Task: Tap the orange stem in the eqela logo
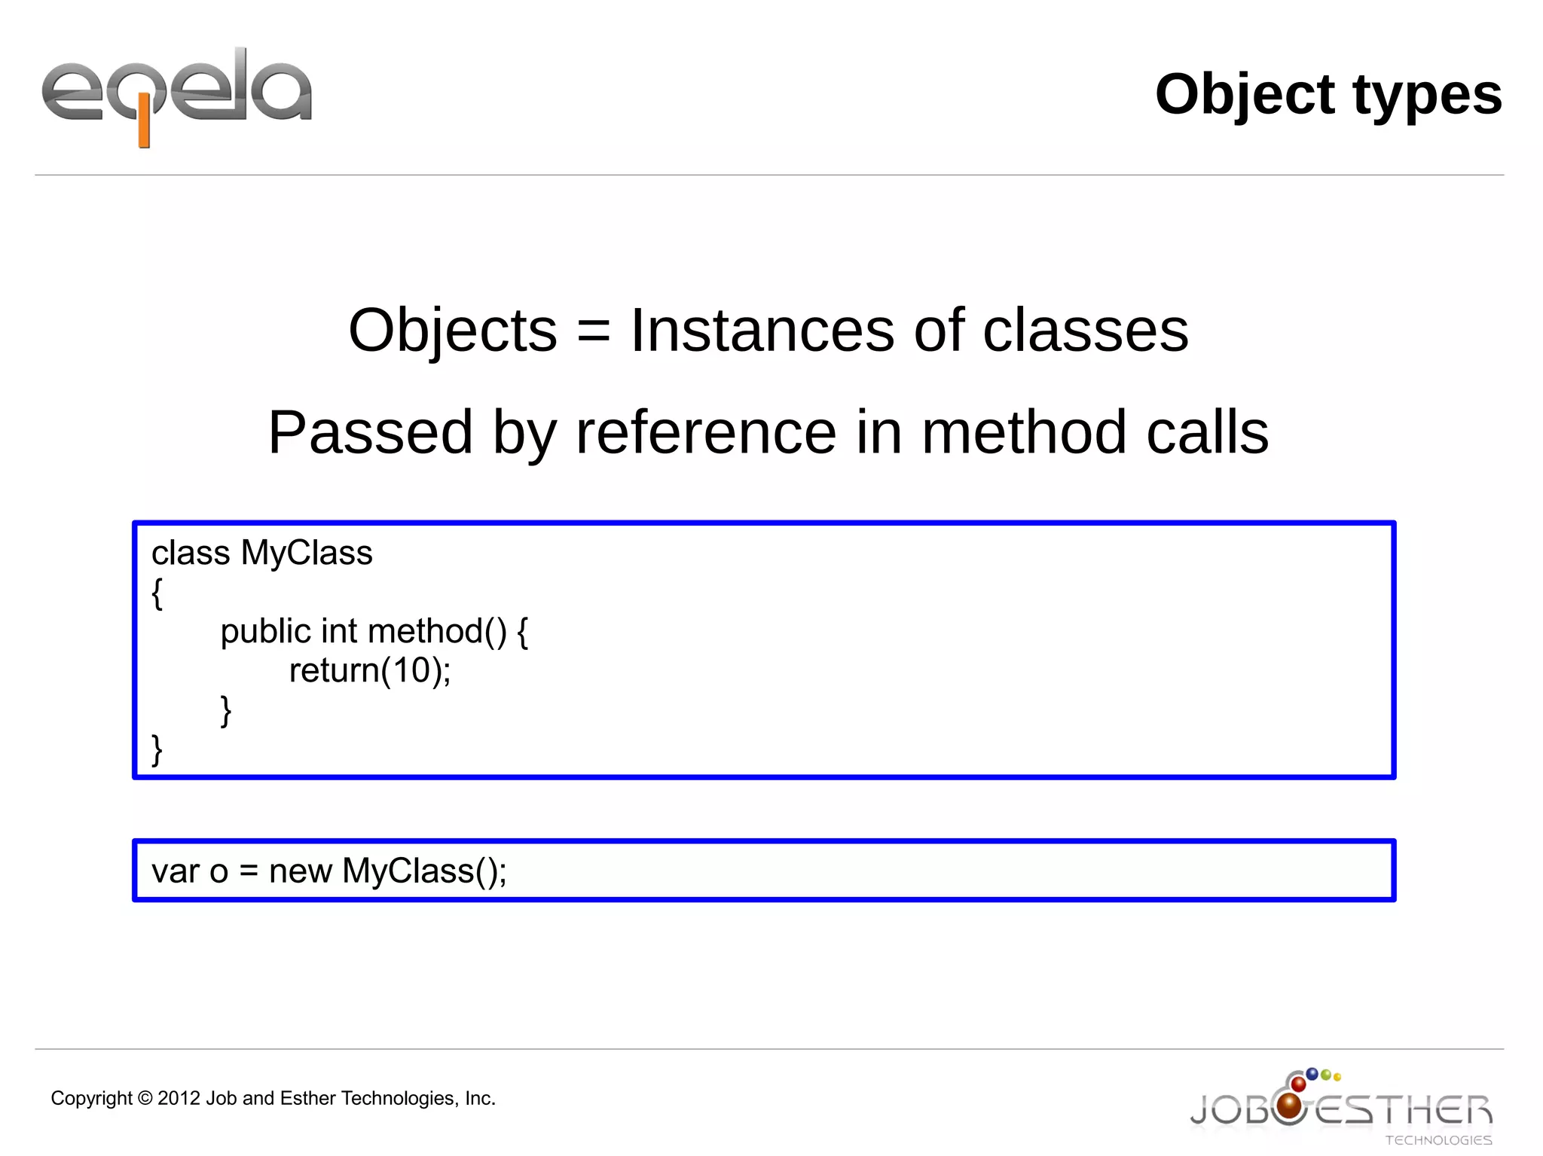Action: (x=143, y=128)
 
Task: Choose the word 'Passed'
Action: (x=370, y=432)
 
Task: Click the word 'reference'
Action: (x=705, y=432)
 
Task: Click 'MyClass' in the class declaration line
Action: (x=306, y=553)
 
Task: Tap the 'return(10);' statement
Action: (x=370, y=670)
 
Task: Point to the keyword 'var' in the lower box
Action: (x=175, y=871)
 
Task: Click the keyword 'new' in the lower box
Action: (x=300, y=871)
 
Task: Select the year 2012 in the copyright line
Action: (x=179, y=1098)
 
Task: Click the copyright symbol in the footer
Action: (x=145, y=1099)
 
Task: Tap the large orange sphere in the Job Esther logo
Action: (x=1290, y=1106)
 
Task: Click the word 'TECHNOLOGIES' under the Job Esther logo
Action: (x=1438, y=1140)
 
